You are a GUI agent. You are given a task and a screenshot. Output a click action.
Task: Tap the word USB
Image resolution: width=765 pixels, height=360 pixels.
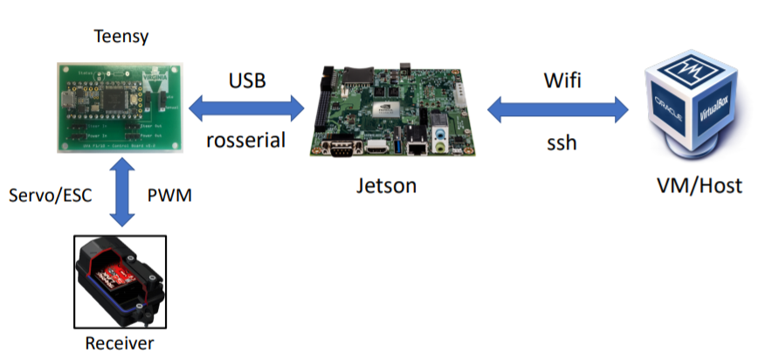pos(248,81)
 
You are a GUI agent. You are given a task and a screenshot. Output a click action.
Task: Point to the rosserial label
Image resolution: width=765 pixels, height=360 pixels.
pos(247,138)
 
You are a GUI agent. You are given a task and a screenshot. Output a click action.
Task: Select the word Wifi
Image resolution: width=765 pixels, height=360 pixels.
pos(561,81)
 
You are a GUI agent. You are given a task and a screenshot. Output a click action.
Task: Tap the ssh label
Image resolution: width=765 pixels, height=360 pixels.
pos(560,140)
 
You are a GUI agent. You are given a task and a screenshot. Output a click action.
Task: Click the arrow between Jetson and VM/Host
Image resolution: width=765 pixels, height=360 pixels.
pos(559,110)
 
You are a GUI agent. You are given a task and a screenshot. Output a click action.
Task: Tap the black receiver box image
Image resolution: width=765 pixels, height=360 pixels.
pos(120,279)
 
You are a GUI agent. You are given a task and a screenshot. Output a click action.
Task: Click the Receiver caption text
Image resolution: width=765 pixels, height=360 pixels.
pos(120,343)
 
